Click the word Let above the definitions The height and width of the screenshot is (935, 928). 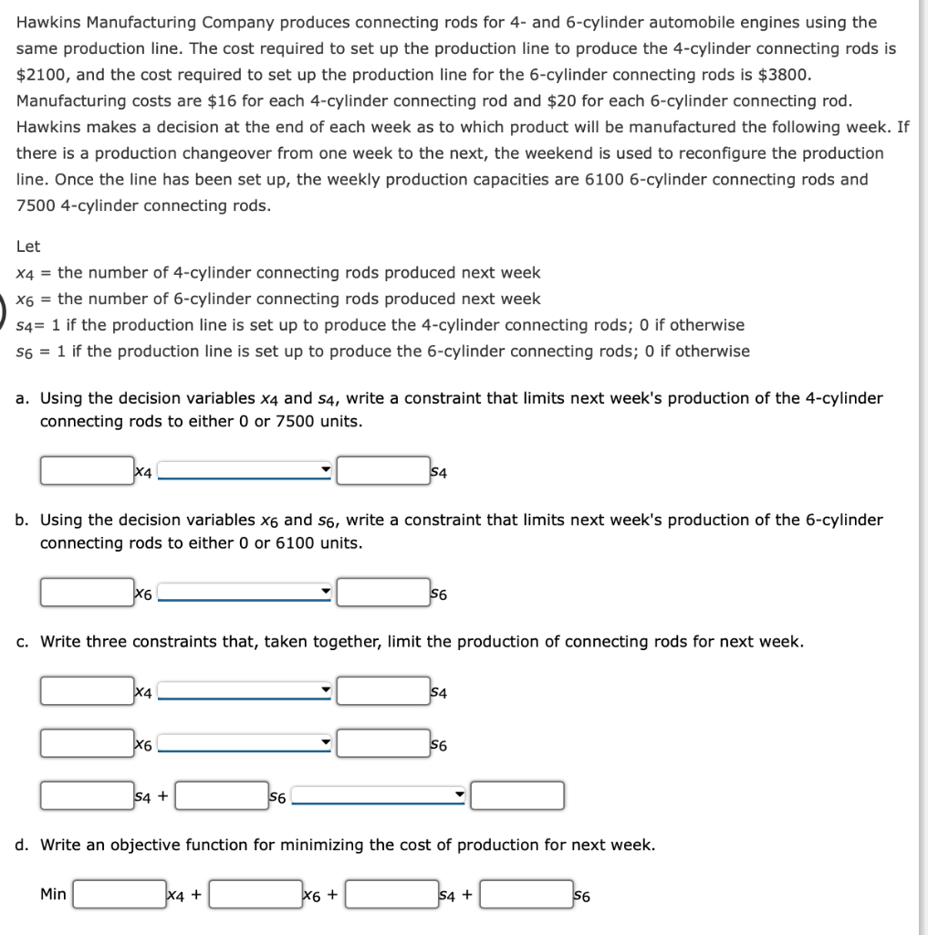click(28, 247)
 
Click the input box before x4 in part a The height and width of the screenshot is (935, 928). click(86, 471)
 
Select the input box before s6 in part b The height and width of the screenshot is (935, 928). click(382, 593)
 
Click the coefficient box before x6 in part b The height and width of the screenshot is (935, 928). click(86, 593)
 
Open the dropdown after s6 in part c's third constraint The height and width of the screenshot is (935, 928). click(379, 796)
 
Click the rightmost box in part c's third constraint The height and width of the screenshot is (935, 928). click(517, 796)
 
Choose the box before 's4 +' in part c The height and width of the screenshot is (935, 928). click(86, 796)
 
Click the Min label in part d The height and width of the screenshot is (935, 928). click(53, 894)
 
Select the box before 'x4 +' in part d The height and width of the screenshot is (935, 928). click(120, 895)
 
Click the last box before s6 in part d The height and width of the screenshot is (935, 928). click(527, 895)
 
